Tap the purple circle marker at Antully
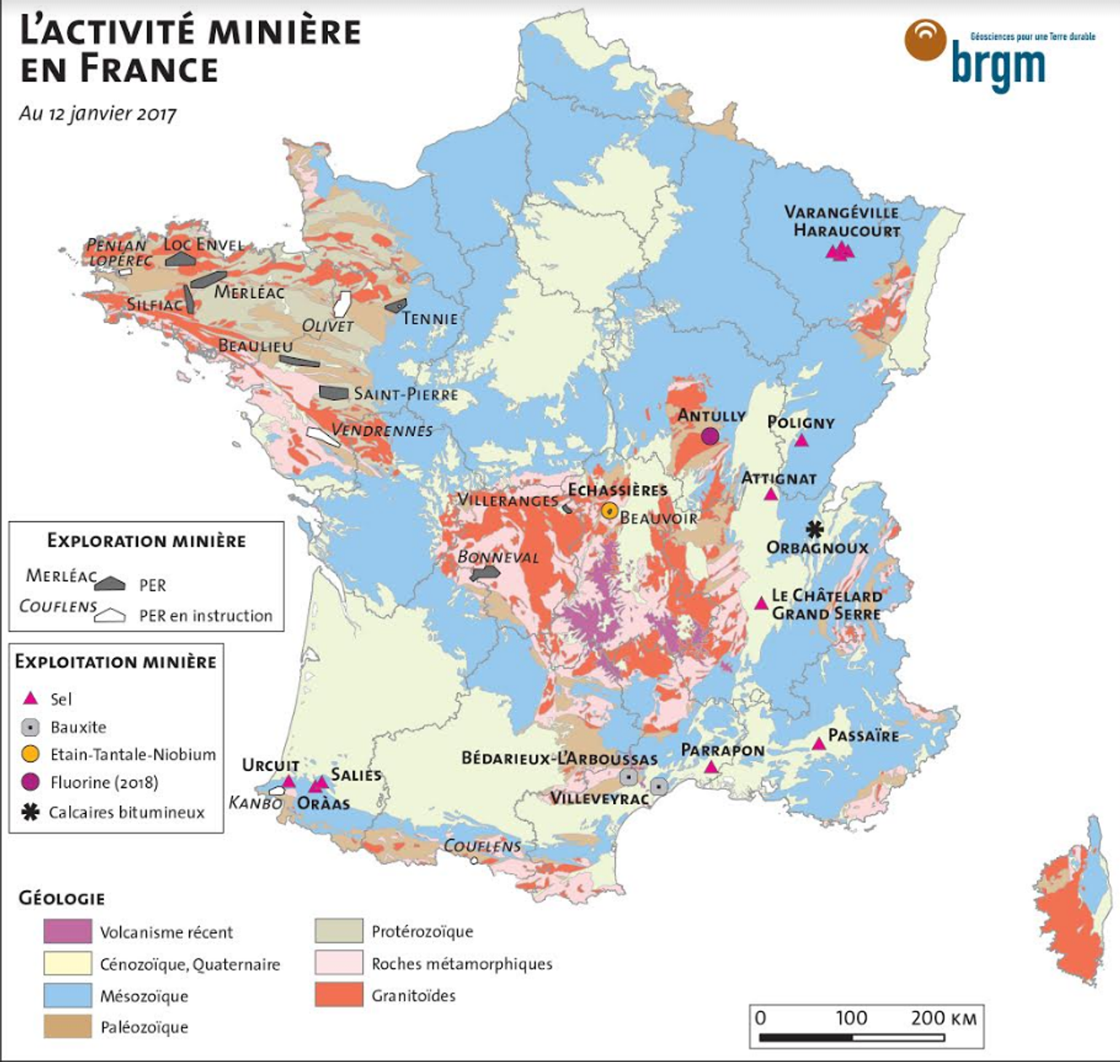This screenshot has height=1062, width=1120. pos(710,436)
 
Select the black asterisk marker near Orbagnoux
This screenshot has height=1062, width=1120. pos(814,529)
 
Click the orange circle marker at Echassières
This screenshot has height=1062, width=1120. pos(609,510)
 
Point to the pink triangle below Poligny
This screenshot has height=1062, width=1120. pos(801,440)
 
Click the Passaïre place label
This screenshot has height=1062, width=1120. pos(863,736)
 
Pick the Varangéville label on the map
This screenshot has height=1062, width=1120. pos(841,213)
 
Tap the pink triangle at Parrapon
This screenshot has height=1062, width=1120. pos(711,767)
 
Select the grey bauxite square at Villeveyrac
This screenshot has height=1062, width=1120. pos(659,786)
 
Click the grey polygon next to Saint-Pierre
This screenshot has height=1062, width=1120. pos(334,393)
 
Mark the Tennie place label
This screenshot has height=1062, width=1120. pos(430,319)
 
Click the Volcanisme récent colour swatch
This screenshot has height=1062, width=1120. pos(67,931)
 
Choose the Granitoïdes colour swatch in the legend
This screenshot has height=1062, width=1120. pos(338,995)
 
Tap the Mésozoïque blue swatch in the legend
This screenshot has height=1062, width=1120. pos(67,995)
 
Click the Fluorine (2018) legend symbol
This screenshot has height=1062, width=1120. pos(30,782)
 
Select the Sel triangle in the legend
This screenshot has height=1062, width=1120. pos(30,698)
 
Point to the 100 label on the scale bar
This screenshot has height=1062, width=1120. pos(851,1018)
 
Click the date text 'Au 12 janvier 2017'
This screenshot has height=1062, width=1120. pos(98,113)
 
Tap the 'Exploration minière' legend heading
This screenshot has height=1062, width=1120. pos(146,541)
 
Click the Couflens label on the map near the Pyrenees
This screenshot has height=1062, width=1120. pos(482,845)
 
